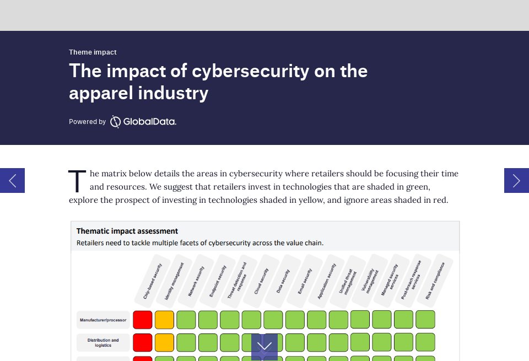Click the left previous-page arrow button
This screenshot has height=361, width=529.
[12, 180]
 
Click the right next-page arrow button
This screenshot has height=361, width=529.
[516, 180]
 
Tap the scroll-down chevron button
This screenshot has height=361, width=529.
[264, 346]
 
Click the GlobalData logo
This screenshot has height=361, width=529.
[143, 121]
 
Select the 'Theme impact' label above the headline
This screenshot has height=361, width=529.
[93, 52]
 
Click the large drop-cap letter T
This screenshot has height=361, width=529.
[77, 182]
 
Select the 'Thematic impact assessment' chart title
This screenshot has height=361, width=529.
[127, 231]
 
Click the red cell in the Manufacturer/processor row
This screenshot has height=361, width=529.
[143, 320]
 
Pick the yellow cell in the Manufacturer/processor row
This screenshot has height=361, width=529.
[164, 320]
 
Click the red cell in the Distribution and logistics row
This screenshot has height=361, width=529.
[143, 342]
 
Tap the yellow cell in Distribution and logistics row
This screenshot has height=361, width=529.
[164, 342]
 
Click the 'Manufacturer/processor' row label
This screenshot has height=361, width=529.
[103, 320]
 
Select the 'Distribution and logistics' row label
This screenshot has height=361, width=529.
[103, 342]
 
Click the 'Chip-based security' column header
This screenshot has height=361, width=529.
[153, 281]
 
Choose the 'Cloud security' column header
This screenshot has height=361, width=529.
[261, 281]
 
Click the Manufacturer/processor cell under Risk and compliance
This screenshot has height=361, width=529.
[425, 320]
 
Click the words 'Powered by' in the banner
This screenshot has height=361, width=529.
[87, 122]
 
